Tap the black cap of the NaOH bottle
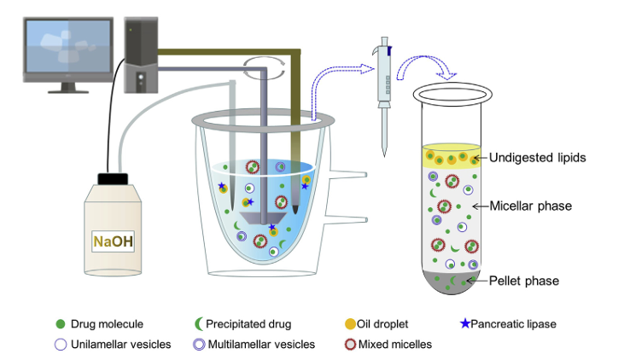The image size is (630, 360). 113,179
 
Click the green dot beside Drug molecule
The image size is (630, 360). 60,324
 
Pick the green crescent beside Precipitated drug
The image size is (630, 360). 197,324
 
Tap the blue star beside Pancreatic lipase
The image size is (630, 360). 465,323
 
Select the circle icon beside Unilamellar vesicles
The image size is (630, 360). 60,345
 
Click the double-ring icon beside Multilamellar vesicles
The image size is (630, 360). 197,345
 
